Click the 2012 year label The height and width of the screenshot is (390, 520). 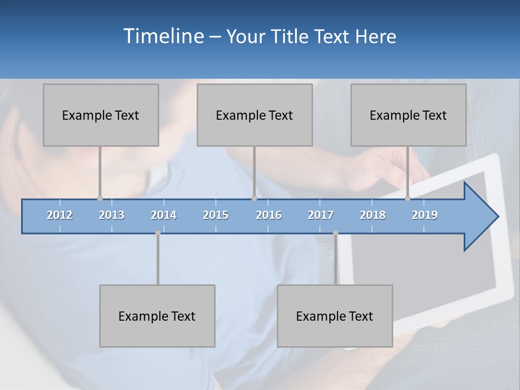point(60,215)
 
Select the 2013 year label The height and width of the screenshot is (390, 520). point(112,215)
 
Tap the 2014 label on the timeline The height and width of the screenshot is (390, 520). point(164,215)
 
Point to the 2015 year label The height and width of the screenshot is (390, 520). point(216,215)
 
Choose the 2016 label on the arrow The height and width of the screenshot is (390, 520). point(269,215)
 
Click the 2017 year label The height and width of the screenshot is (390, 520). point(321,215)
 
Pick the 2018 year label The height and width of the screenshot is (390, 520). point(373,215)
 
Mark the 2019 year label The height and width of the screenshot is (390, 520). point(425,215)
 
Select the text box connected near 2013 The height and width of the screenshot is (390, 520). point(101,115)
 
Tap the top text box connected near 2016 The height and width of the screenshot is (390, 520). point(255,115)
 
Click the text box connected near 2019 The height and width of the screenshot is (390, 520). point(408,115)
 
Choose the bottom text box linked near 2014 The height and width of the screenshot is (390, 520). point(157,316)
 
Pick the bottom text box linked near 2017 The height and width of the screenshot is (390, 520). point(335,316)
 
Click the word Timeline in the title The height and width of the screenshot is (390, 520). point(162,36)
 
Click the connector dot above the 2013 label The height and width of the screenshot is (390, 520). point(100,198)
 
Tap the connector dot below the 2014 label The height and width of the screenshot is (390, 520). point(158,233)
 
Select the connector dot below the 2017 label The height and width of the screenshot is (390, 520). point(335,233)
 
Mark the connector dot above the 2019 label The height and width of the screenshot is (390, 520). point(408,198)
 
